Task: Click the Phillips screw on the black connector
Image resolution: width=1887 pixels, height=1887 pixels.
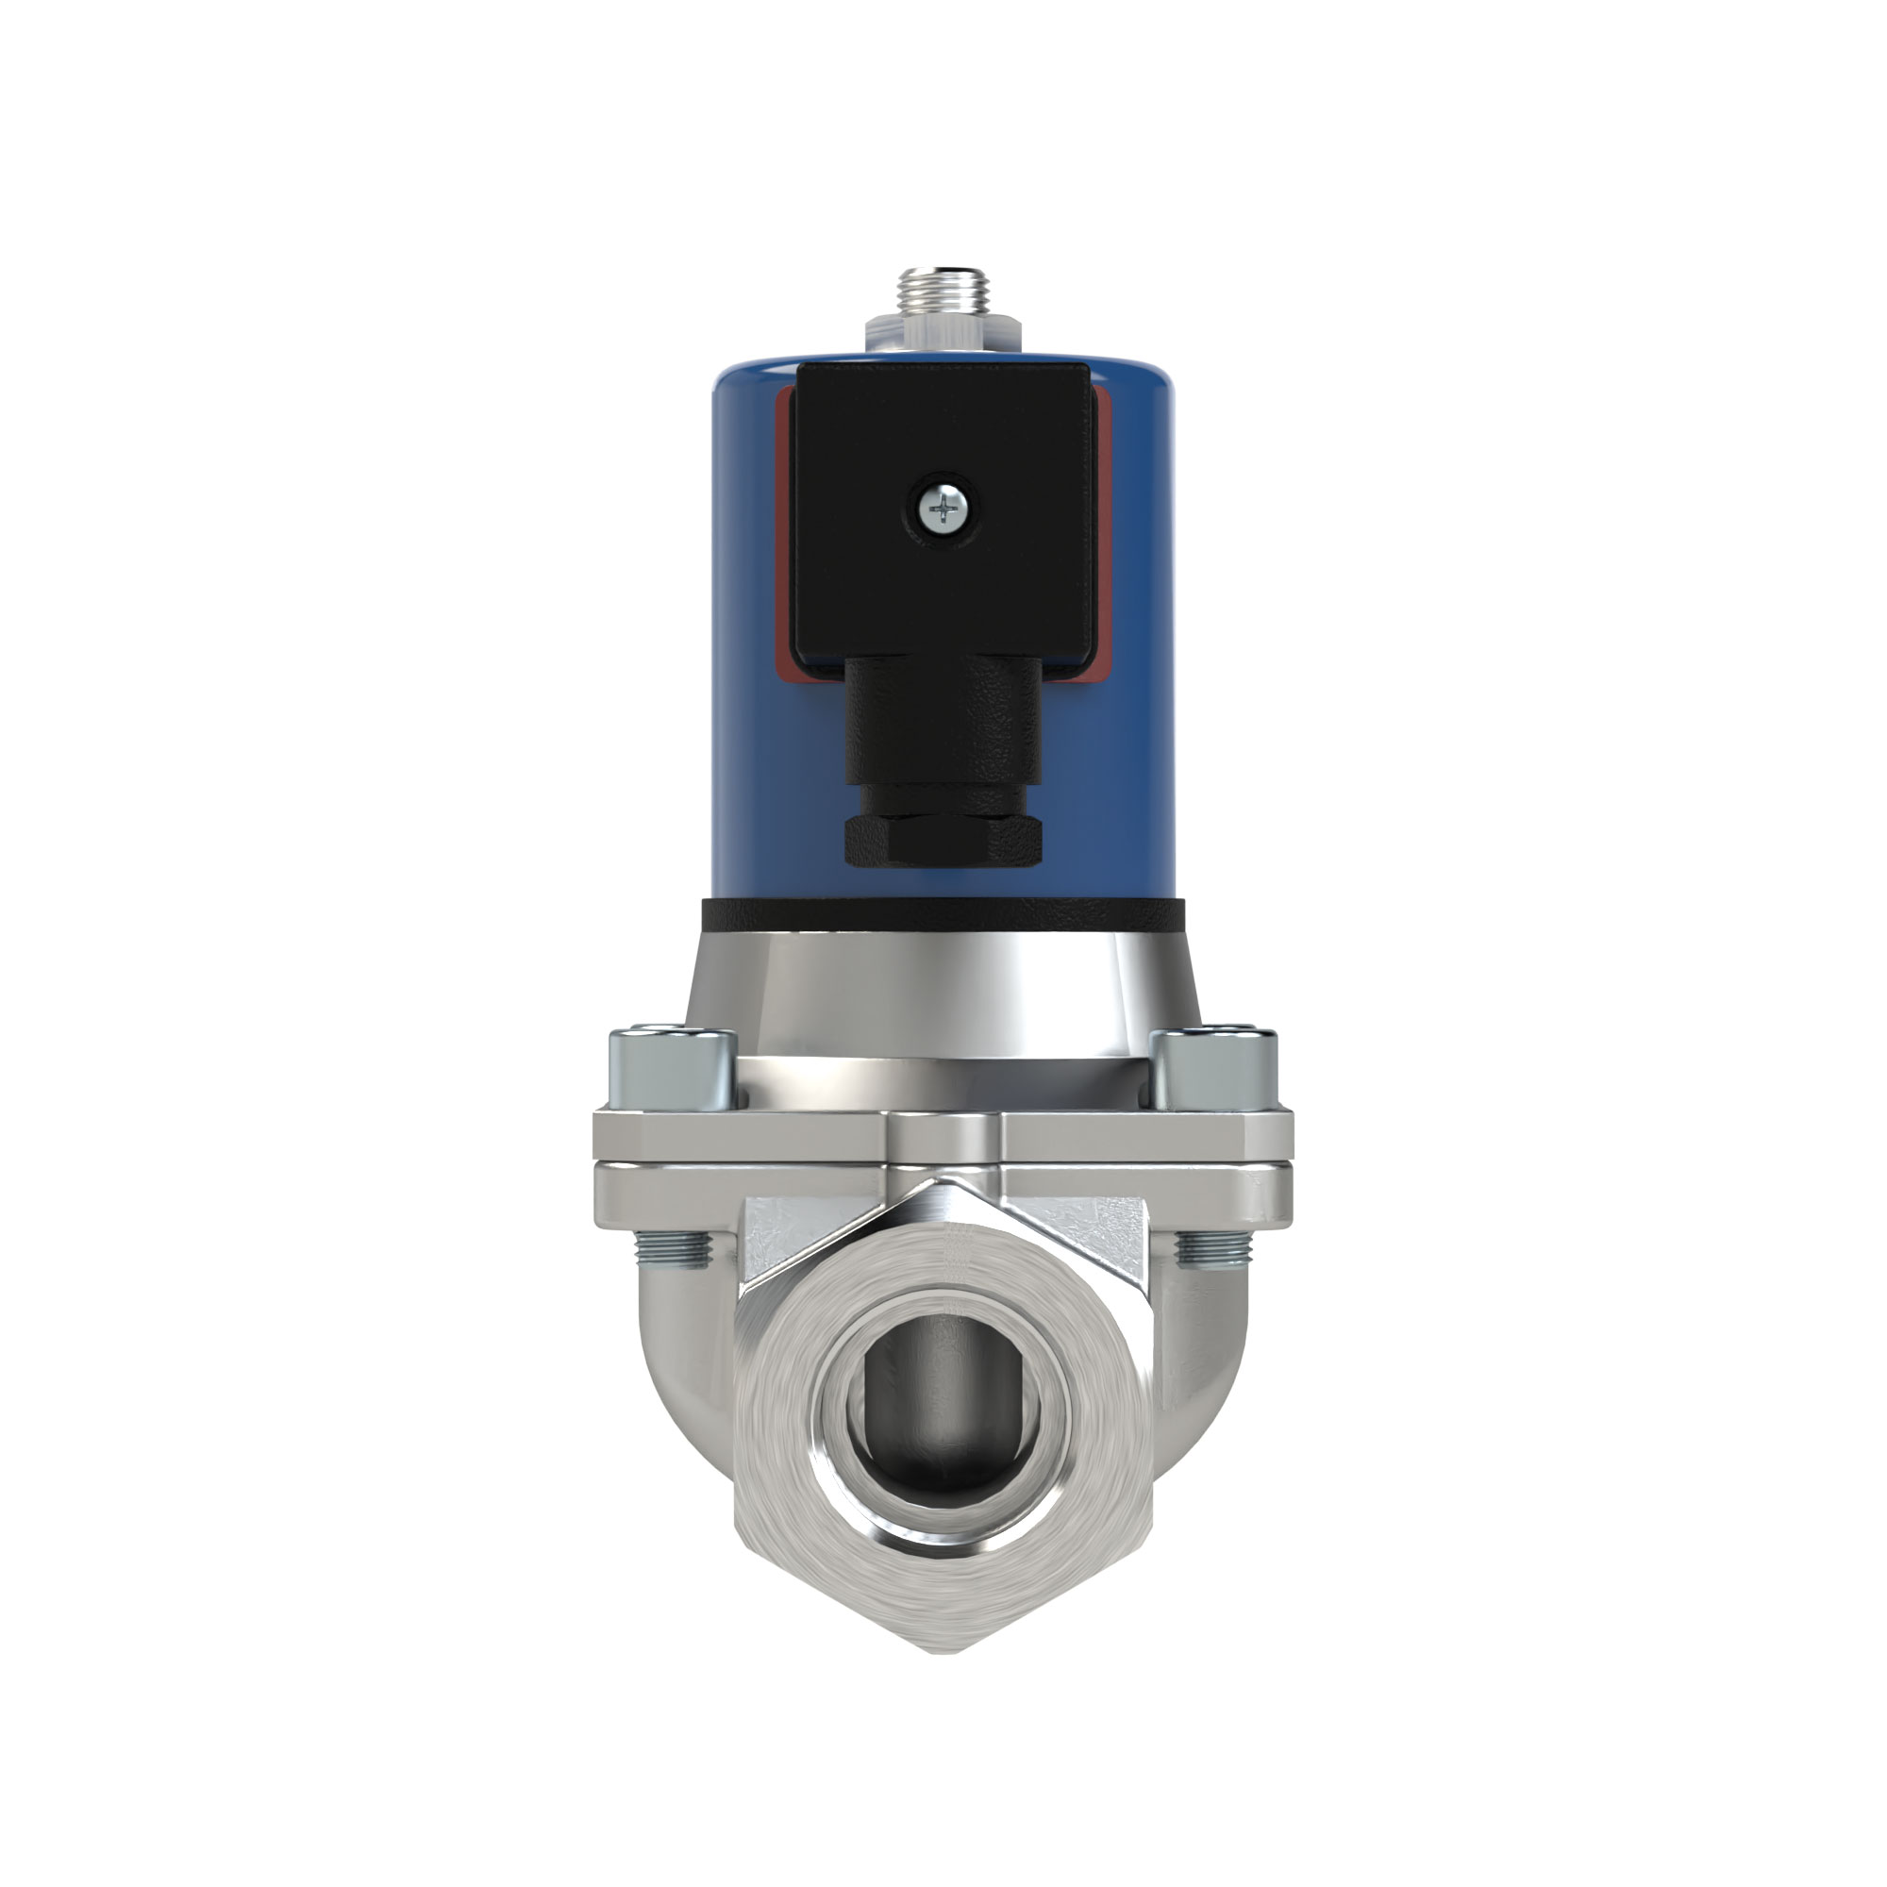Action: [x=943, y=508]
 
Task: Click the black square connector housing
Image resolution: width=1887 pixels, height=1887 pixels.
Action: [x=943, y=440]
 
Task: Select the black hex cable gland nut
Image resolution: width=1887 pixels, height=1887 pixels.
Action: [x=943, y=841]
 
